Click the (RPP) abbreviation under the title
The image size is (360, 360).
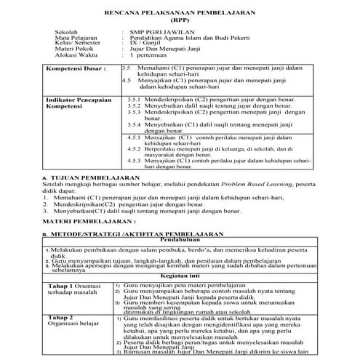(x=180, y=20)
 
